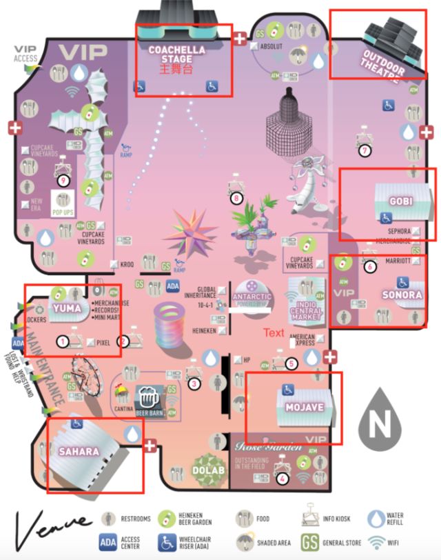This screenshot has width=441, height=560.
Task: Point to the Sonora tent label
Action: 401,294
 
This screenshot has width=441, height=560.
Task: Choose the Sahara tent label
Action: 79,452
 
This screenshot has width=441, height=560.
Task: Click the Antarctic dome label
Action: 252,297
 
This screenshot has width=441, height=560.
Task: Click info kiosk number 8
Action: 237,198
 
